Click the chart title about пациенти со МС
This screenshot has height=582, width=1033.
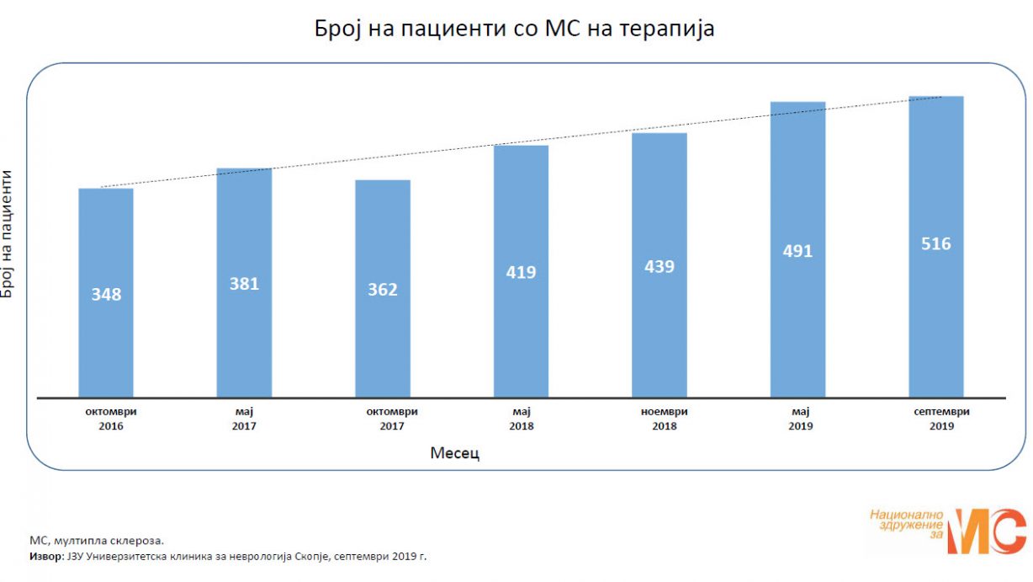click(x=515, y=29)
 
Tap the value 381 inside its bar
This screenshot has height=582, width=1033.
click(x=244, y=284)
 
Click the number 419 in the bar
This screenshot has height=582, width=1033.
click(x=521, y=272)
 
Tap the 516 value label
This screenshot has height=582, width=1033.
click(x=935, y=244)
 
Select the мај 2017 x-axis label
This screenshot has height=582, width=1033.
click(x=245, y=419)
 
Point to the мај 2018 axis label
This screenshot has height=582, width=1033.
click(x=521, y=419)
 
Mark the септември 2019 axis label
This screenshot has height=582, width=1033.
click(x=936, y=419)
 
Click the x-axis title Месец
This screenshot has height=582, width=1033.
click(x=455, y=453)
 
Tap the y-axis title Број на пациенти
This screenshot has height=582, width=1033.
click(x=8, y=233)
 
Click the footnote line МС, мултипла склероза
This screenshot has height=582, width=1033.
click(x=97, y=541)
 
